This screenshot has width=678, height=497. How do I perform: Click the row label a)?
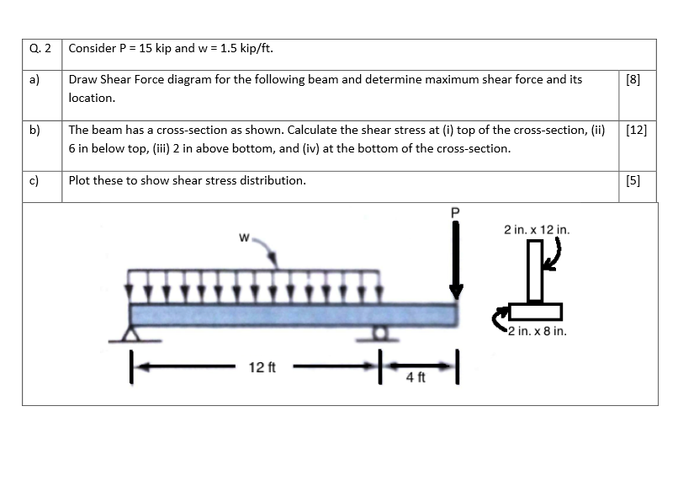(x=35, y=80)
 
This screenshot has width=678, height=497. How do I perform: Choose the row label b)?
(x=35, y=131)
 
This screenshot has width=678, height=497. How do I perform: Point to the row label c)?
(x=35, y=180)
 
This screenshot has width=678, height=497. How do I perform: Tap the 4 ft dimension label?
(x=416, y=377)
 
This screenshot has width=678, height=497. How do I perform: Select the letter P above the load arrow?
(x=456, y=211)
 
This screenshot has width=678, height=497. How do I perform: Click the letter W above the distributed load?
(x=245, y=238)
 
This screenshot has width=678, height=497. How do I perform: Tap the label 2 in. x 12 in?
(x=537, y=228)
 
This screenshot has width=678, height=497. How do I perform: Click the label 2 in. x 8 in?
(x=538, y=331)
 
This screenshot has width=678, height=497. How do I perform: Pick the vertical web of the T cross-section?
(x=535, y=272)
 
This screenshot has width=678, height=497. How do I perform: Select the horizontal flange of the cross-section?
(x=535, y=312)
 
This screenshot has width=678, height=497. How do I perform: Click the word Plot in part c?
(x=82, y=180)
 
